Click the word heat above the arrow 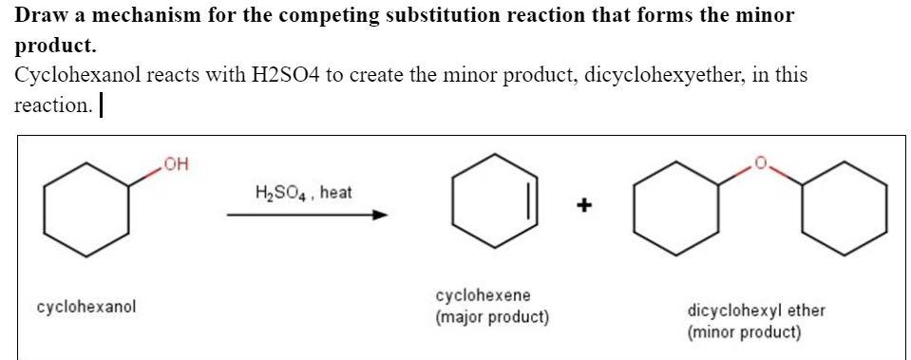tap(335, 193)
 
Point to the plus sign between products tap(586, 203)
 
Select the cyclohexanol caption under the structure tap(86, 307)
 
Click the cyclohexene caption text tap(484, 296)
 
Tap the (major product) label tap(492, 316)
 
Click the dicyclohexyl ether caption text tap(755, 311)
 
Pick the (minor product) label tap(745, 332)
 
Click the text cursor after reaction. tap(101, 105)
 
